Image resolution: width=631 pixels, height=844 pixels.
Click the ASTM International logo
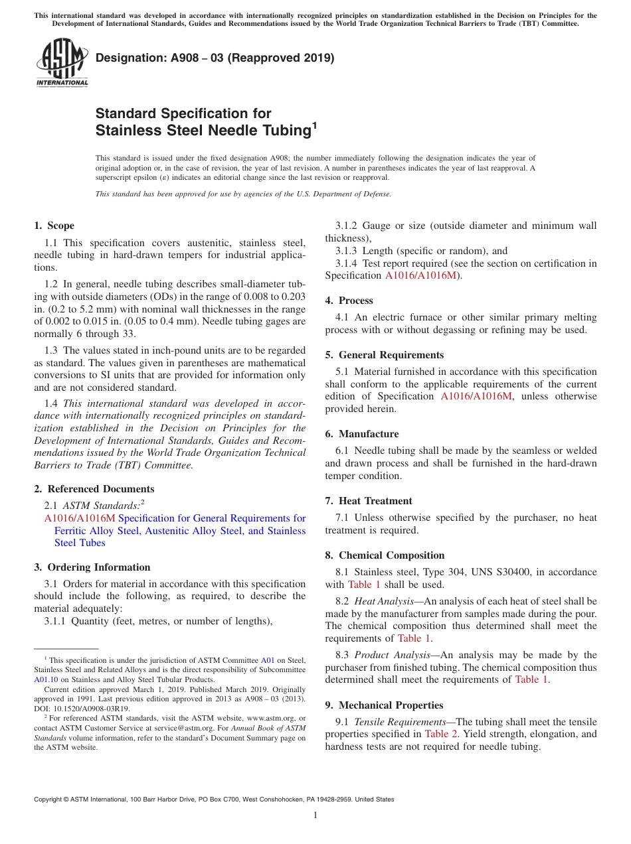[x=62, y=62]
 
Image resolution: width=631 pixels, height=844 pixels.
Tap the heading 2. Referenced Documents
[x=94, y=489]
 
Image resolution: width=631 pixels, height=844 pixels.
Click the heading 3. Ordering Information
[x=92, y=567]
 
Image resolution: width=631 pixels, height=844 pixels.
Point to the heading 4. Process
[x=349, y=301]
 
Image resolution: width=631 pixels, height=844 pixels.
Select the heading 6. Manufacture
[x=362, y=434]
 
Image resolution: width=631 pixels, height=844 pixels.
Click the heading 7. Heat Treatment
[x=369, y=501]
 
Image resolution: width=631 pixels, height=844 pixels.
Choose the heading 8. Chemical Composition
[x=385, y=555]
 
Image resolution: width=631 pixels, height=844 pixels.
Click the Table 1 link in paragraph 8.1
[x=364, y=585]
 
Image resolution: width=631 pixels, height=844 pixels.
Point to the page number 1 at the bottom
[x=315, y=815]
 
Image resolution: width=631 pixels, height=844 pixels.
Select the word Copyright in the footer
[x=50, y=800]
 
